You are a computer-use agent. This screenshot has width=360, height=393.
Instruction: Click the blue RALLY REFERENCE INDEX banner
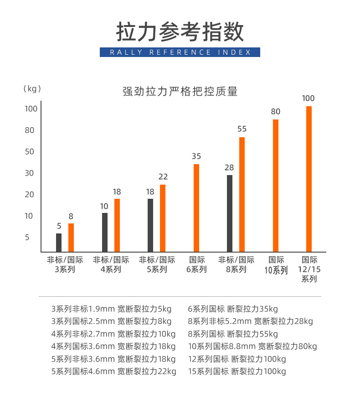tap(180, 52)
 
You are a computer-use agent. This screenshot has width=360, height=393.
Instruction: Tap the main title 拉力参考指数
tap(180, 31)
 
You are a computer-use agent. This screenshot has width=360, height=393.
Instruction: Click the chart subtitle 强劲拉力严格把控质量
tap(180, 91)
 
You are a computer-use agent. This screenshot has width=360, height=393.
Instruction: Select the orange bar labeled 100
tap(309, 179)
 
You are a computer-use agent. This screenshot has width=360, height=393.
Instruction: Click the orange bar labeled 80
tap(275, 186)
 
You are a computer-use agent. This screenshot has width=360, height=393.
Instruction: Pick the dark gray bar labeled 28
tap(229, 213)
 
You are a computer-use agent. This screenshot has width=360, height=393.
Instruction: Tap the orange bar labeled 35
tap(196, 208)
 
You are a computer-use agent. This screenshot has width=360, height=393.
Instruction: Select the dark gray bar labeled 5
tap(59, 243)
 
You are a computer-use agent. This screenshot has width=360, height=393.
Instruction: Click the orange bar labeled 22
tap(163, 218)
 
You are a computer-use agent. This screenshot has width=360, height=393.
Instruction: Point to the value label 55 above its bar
tap(242, 129)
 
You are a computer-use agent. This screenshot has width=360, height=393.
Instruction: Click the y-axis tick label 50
tap(30, 151)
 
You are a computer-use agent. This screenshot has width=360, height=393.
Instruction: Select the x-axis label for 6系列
tap(196, 265)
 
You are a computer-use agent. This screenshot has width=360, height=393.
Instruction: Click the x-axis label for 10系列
tap(276, 265)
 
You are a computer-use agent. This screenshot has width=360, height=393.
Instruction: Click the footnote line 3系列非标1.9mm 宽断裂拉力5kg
tap(111, 308)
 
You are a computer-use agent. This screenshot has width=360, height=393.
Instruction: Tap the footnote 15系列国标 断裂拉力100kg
tap(237, 371)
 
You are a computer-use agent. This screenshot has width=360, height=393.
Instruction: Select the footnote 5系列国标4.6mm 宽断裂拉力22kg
tap(113, 371)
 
